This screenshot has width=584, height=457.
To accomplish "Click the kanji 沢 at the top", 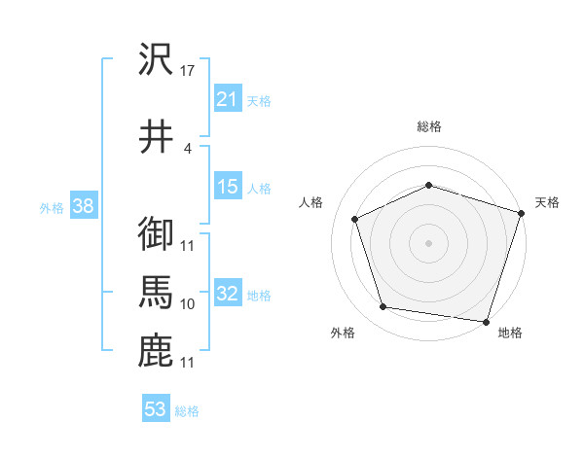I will (156, 60).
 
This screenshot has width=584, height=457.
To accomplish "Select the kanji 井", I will (156, 135).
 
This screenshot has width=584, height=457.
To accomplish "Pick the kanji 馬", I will (156, 293).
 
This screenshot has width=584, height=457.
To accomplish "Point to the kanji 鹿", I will (156, 351).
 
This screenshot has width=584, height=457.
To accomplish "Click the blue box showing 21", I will (228, 98).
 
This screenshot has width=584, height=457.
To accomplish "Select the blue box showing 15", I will (228, 187).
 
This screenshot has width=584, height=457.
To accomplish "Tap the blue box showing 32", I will (228, 294).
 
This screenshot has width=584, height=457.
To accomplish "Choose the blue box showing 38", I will (83, 206).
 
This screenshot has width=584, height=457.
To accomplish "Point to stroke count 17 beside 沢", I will (189, 70).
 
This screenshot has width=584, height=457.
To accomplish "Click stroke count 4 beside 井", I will (188, 148).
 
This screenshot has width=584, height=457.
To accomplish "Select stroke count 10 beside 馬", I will (188, 304).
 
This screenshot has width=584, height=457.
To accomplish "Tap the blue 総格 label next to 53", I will (187, 411).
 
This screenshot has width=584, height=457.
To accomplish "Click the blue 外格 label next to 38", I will (52, 208).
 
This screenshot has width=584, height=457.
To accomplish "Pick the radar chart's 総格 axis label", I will (429, 127).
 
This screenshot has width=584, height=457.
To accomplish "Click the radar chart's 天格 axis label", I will (547, 202).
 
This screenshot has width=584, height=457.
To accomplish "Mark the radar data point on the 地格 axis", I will (486, 321).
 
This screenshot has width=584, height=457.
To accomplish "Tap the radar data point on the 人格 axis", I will (355, 219).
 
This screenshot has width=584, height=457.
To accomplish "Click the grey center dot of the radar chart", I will (429, 242).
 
